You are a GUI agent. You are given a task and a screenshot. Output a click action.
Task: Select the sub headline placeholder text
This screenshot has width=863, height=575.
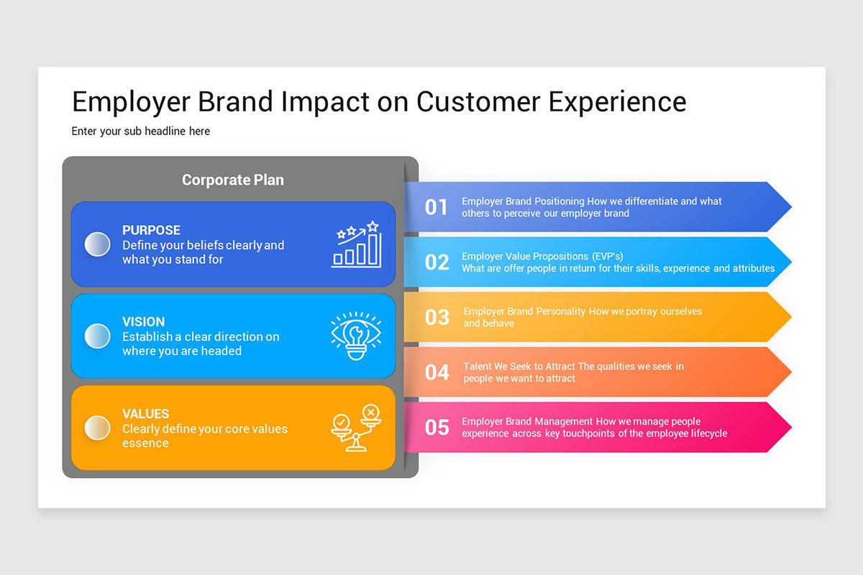point(141,132)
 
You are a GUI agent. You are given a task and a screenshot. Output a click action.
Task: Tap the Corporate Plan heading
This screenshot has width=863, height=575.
point(232,180)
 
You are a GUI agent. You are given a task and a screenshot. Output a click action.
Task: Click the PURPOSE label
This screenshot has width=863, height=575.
point(151,230)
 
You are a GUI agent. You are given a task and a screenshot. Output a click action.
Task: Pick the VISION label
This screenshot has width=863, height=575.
point(143,322)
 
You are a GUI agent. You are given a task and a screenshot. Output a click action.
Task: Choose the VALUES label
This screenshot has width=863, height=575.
point(145,414)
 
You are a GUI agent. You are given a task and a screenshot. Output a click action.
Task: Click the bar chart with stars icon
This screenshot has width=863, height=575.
point(356,244)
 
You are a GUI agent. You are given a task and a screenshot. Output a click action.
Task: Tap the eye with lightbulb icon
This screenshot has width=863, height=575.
point(356,336)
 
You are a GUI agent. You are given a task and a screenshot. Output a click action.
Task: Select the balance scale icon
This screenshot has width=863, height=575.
point(356,428)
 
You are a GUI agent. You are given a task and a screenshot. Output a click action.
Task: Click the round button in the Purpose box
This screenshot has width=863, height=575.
point(97,244)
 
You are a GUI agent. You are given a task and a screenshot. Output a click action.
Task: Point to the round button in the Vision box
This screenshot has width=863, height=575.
point(97,336)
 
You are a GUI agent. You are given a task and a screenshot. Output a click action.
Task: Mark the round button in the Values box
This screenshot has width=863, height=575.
point(97,428)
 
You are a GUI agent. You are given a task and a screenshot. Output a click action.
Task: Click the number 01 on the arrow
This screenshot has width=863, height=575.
point(437,207)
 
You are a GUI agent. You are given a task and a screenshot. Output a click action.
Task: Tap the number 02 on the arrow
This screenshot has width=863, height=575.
point(437,262)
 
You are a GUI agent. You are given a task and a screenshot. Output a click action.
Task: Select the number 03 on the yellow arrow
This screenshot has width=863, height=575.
point(437,317)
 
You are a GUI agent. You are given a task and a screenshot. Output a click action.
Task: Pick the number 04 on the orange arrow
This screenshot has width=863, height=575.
point(437,372)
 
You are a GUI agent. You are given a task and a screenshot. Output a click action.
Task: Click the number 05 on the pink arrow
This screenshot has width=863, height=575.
point(437,428)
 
